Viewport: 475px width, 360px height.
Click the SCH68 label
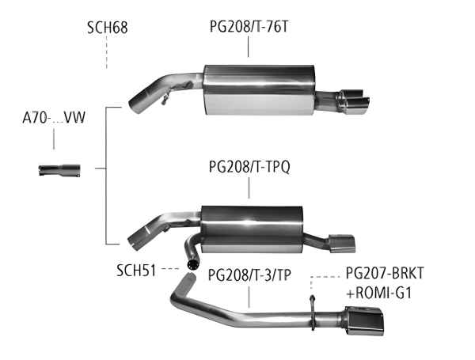click(x=107, y=29)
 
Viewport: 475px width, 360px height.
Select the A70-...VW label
click(x=53, y=120)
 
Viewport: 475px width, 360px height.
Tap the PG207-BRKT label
click(x=385, y=274)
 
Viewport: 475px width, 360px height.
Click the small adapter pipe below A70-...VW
click(x=59, y=169)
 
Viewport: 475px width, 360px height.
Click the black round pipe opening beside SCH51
click(x=192, y=262)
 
